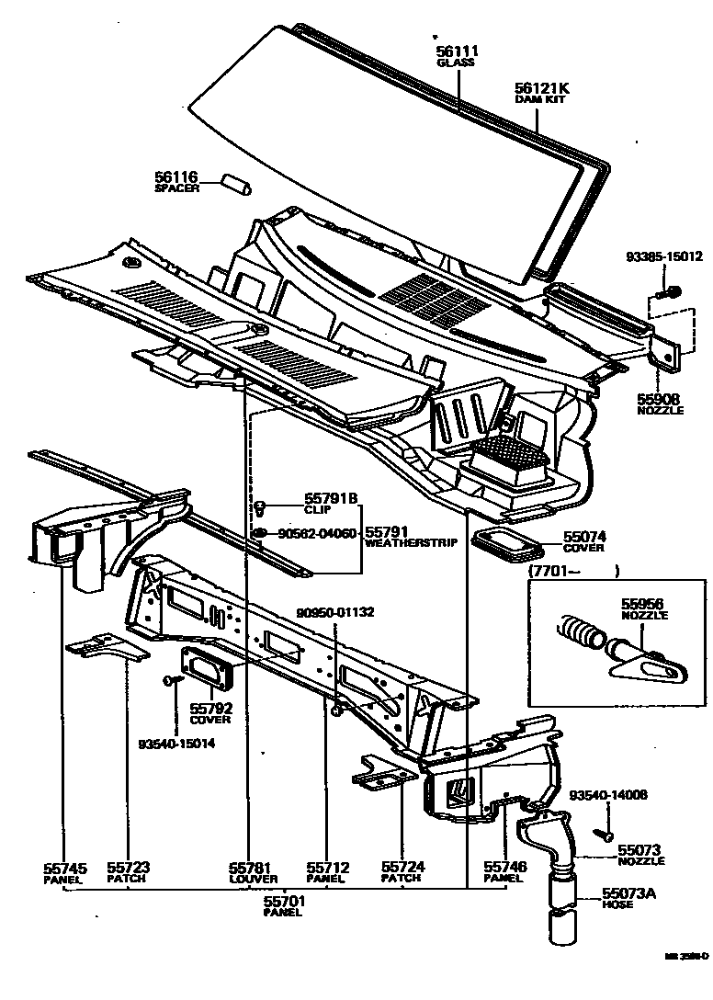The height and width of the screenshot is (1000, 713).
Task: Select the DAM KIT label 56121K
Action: tap(542, 88)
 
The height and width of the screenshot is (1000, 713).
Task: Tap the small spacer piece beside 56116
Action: tap(237, 182)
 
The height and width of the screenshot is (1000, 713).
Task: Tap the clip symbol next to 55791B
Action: tap(261, 504)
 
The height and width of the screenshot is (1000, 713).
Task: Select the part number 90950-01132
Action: tap(335, 614)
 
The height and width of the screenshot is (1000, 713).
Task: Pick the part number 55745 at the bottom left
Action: tap(64, 867)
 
